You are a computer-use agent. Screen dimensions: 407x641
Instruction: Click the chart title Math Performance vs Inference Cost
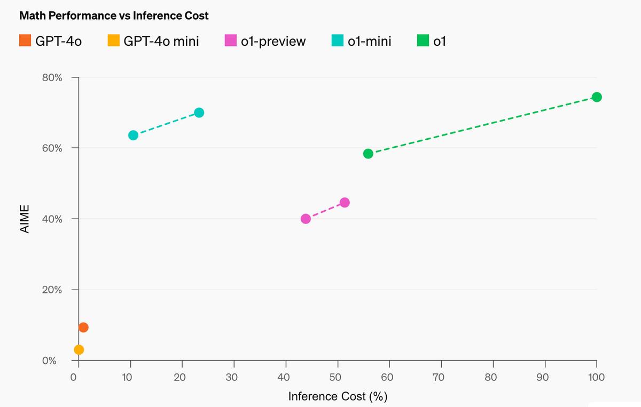point(114,15)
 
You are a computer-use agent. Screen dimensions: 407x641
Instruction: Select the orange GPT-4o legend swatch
point(25,41)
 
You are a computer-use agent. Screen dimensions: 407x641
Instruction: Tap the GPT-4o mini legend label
point(161,41)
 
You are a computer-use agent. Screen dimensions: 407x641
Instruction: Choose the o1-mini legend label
point(369,41)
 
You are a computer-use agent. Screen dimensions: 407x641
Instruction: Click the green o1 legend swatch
point(424,41)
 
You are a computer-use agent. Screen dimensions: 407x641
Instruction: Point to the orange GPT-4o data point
point(83,328)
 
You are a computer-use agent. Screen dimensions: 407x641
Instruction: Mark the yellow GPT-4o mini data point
point(79,350)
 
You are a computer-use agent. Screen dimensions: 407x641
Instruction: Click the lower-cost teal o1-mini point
point(134,135)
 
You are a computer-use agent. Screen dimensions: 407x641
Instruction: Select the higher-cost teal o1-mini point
point(199,113)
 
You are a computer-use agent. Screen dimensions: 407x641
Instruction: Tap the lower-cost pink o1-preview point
point(306,219)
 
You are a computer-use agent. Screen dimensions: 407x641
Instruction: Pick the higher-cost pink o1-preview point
point(345,203)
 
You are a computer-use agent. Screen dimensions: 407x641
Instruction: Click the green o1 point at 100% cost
point(597,97)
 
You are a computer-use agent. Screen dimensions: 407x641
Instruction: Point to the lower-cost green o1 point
point(368,154)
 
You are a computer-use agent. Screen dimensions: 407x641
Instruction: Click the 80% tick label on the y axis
point(52,77)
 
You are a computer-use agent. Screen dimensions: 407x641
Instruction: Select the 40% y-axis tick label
point(52,219)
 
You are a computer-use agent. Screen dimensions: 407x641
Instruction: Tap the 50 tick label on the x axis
point(335,378)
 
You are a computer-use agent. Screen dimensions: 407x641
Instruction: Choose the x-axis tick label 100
point(596,378)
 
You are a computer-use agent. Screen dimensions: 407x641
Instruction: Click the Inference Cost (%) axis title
point(338,396)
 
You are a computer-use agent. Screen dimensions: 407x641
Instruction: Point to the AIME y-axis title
point(24,219)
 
